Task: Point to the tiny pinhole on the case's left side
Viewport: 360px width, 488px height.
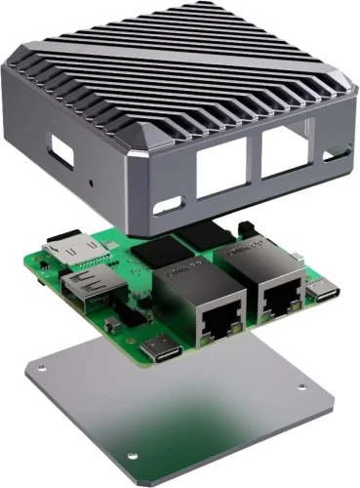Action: [91, 181]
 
